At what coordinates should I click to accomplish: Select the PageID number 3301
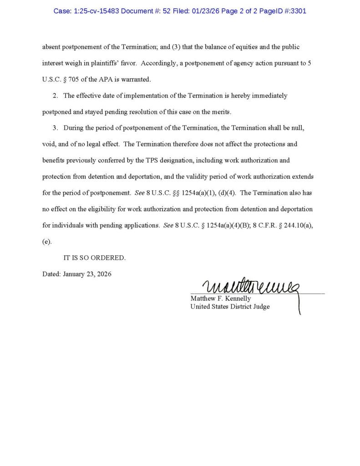click(x=296, y=10)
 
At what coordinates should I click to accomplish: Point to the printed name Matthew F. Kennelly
click(x=221, y=299)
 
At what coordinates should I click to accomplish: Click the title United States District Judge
click(x=230, y=307)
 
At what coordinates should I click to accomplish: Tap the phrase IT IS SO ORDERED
click(x=94, y=258)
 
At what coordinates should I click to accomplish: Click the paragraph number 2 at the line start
click(x=55, y=96)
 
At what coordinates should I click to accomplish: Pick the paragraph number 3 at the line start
click(x=55, y=128)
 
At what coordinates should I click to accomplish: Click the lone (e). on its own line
click(x=47, y=242)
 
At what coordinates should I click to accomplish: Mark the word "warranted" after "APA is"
click(x=135, y=79)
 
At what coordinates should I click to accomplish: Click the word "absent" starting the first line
click(x=52, y=47)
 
